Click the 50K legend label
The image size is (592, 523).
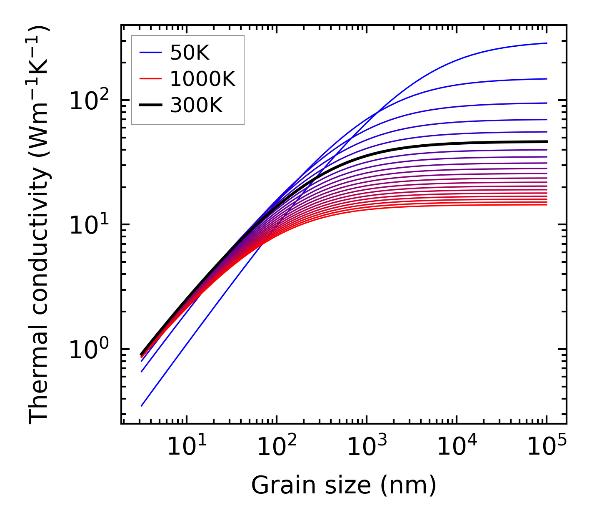190,53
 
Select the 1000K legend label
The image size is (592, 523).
202,79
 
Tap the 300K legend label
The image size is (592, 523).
196,106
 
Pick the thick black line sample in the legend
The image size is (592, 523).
150,106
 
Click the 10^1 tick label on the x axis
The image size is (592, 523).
187,447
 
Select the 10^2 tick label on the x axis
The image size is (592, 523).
277,447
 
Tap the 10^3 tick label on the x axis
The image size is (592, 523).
367,447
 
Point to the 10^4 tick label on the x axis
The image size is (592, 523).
457,447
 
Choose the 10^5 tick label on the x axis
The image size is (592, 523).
547,447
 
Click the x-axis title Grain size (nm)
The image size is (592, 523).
344,485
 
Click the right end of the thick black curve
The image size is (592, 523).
547,141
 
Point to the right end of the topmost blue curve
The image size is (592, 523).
547,43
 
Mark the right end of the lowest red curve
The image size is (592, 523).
547,205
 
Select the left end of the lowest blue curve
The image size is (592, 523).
142,405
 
